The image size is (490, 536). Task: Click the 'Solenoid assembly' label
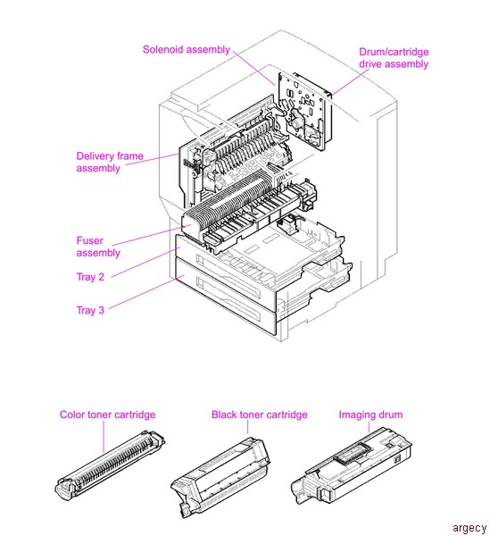tap(186, 49)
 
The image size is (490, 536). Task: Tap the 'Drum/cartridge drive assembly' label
tap(394, 58)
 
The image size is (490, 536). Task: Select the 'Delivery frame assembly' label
tap(110, 162)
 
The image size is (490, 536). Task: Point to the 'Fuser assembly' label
tap(98, 247)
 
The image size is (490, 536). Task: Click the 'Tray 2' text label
tap(90, 277)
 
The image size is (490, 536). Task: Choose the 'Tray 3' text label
tap(90, 310)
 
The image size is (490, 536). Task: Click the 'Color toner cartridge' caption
tap(107, 415)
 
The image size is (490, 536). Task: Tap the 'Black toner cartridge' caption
tap(259, 415)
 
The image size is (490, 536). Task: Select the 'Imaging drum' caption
tap(370, 415)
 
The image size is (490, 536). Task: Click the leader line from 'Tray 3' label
tap(143, 295)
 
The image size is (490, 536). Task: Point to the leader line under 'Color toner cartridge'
tap(105, 435)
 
